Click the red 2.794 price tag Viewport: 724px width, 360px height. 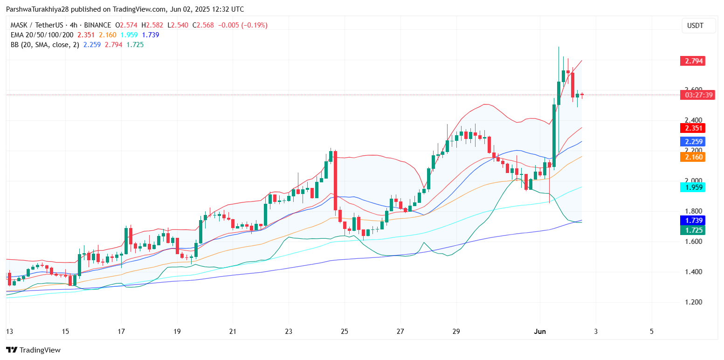(692, 61)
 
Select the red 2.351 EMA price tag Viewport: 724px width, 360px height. (692, 128)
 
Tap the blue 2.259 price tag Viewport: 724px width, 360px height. (692, 142)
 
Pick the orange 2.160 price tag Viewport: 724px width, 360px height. (692, 157)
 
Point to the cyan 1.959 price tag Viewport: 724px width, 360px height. (692, 187)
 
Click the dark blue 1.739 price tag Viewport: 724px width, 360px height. (692, 221)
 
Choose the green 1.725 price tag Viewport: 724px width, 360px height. (692, 230)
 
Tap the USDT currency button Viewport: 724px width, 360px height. (698, 26)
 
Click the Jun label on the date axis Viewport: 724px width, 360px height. (540, 332)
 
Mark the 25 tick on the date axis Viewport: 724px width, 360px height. (345, 332)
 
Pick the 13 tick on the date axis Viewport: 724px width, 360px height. (9, 332)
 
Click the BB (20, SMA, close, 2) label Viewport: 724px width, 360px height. (44, 45)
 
